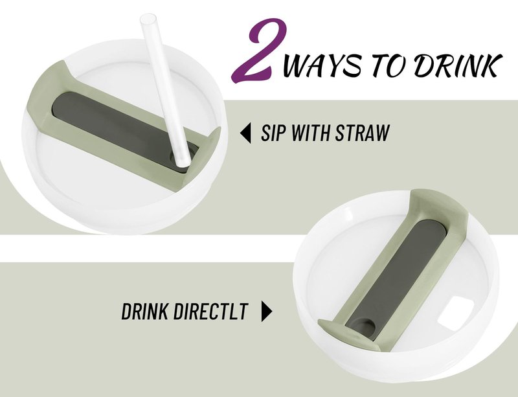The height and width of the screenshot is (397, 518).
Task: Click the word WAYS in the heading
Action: (322, 64)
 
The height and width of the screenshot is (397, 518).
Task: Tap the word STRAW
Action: (363, 133)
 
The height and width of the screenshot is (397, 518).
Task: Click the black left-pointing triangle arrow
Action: (245, 133)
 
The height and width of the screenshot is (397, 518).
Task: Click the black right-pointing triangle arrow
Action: (267, 311)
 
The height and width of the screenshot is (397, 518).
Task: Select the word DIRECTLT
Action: (210, 311)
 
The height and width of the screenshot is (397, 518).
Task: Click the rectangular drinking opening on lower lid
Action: (455, 311)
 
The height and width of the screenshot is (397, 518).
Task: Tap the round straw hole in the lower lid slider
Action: (363, 327)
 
